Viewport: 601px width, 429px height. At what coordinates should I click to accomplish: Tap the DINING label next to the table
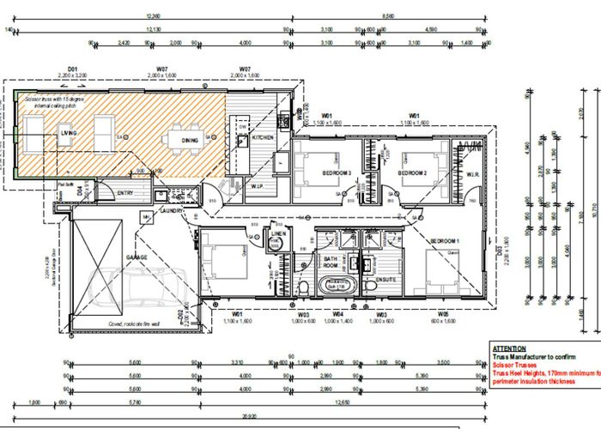coord(190,140)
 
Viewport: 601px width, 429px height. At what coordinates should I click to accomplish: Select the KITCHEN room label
coord(263,137)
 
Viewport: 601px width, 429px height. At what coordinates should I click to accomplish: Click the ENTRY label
coord(125,194)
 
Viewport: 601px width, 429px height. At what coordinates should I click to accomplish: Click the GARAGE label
coord(136,257)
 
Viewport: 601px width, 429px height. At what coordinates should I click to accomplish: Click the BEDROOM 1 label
coord(446,241)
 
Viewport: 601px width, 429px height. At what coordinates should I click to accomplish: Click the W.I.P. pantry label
coord(256,185)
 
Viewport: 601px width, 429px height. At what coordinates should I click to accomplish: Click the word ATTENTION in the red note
coord(510,348)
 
